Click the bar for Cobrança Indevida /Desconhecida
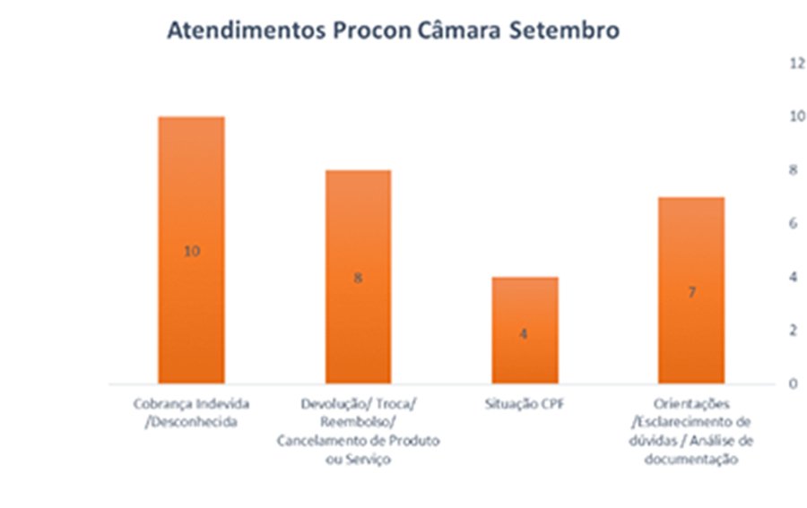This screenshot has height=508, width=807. pyautogui.click(x=191, y=179)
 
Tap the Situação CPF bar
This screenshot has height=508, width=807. pyautogui.click(x=525, y=305)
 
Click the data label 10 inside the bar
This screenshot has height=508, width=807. pyautogui.click(x=191, y=251)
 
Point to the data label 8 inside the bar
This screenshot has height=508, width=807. pyautogui.click(x=357, y=278)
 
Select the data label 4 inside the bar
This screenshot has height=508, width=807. pyautogui.click(x=525, y=333)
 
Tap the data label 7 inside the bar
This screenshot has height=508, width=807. pyautogui.click(x=691, y=292)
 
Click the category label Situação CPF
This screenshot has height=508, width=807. pyautogui.click(x=525, y=404)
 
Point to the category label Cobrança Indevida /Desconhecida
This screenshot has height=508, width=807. pyautogui.click(x=191, y=413)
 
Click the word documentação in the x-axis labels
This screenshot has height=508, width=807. pyautogui.click(x=691, y=460)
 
